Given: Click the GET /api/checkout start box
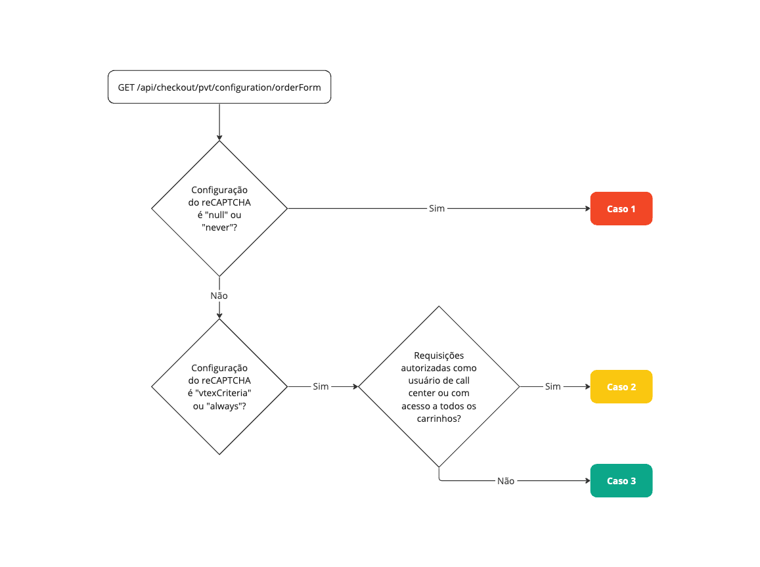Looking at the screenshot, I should click(219, 87).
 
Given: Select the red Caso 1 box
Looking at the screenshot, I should click(621, 209).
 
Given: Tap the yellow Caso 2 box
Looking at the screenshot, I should click(621, 387).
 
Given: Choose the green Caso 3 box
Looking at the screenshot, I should click(621, 481).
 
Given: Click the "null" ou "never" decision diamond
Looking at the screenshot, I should click(219, 209).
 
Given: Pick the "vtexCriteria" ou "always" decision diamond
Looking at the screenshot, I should click(219, 387).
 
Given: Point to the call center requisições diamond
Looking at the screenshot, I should click(439, 387).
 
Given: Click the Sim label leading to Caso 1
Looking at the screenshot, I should click(437, 209).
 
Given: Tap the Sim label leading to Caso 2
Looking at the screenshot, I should click(553, 387).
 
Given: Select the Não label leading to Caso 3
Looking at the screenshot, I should click(506, 481).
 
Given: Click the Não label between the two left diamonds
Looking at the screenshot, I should click(219, 296).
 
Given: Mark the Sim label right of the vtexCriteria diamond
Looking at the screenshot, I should click(321, 387).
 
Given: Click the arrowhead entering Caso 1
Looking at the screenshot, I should click(587, 209).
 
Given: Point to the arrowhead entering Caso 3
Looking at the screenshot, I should click(587, 481).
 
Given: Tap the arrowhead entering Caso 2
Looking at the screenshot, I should click(587, 387).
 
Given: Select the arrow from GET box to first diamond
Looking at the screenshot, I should click(219, 122).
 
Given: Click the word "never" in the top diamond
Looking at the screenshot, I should click(217, 227).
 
